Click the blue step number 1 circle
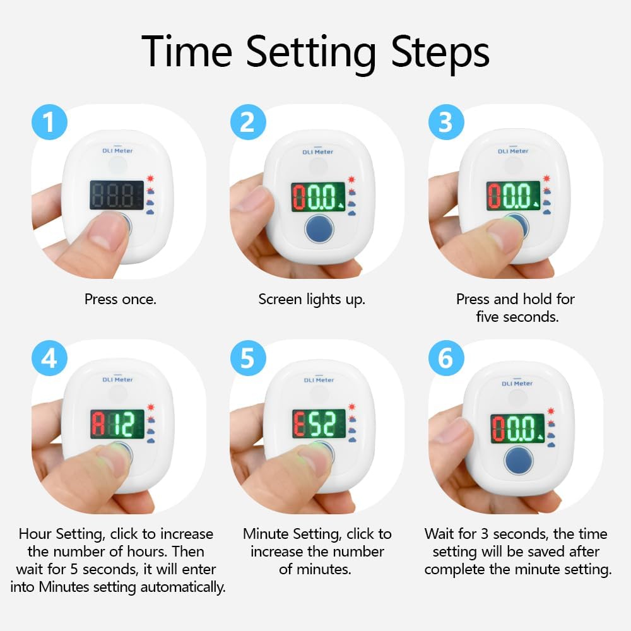pos(49,122)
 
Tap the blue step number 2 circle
pos(248,122)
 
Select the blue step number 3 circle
pos(446,122)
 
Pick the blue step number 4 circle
pos(49,358)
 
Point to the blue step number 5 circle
pos(248,358)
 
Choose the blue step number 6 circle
pos(446,358)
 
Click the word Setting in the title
pos(310,52)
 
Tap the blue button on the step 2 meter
pos(319,228)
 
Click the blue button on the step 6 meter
pos(519,461)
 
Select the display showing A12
pos(117,424)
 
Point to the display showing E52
pos(319,424)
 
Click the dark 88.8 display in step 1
pos(117,195)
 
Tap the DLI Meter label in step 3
pos(513,151)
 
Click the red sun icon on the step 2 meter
pos(351,179)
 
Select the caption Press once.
pos(121,299)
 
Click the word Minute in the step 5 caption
pos(266,534)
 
